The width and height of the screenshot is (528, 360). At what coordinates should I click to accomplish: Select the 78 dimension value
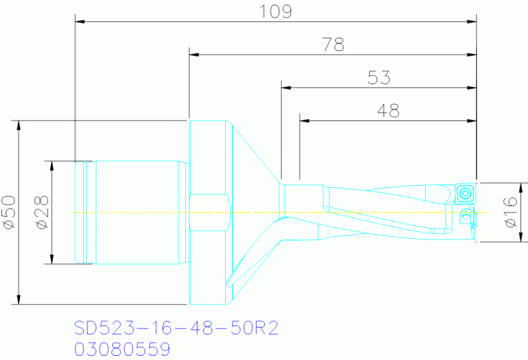[333, 45]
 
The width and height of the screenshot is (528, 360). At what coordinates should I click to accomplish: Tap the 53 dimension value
[379, 78]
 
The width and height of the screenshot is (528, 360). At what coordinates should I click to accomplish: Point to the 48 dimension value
[388, 110]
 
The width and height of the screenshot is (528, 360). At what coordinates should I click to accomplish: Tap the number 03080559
[122, 350]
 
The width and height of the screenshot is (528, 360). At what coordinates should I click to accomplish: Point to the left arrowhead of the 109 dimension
[78, 22]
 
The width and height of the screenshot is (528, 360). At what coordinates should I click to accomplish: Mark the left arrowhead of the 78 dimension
[193, 54]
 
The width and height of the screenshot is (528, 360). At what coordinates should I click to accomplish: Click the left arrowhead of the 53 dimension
[286, 87]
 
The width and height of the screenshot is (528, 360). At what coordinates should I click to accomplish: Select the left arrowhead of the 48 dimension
[304, 120]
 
